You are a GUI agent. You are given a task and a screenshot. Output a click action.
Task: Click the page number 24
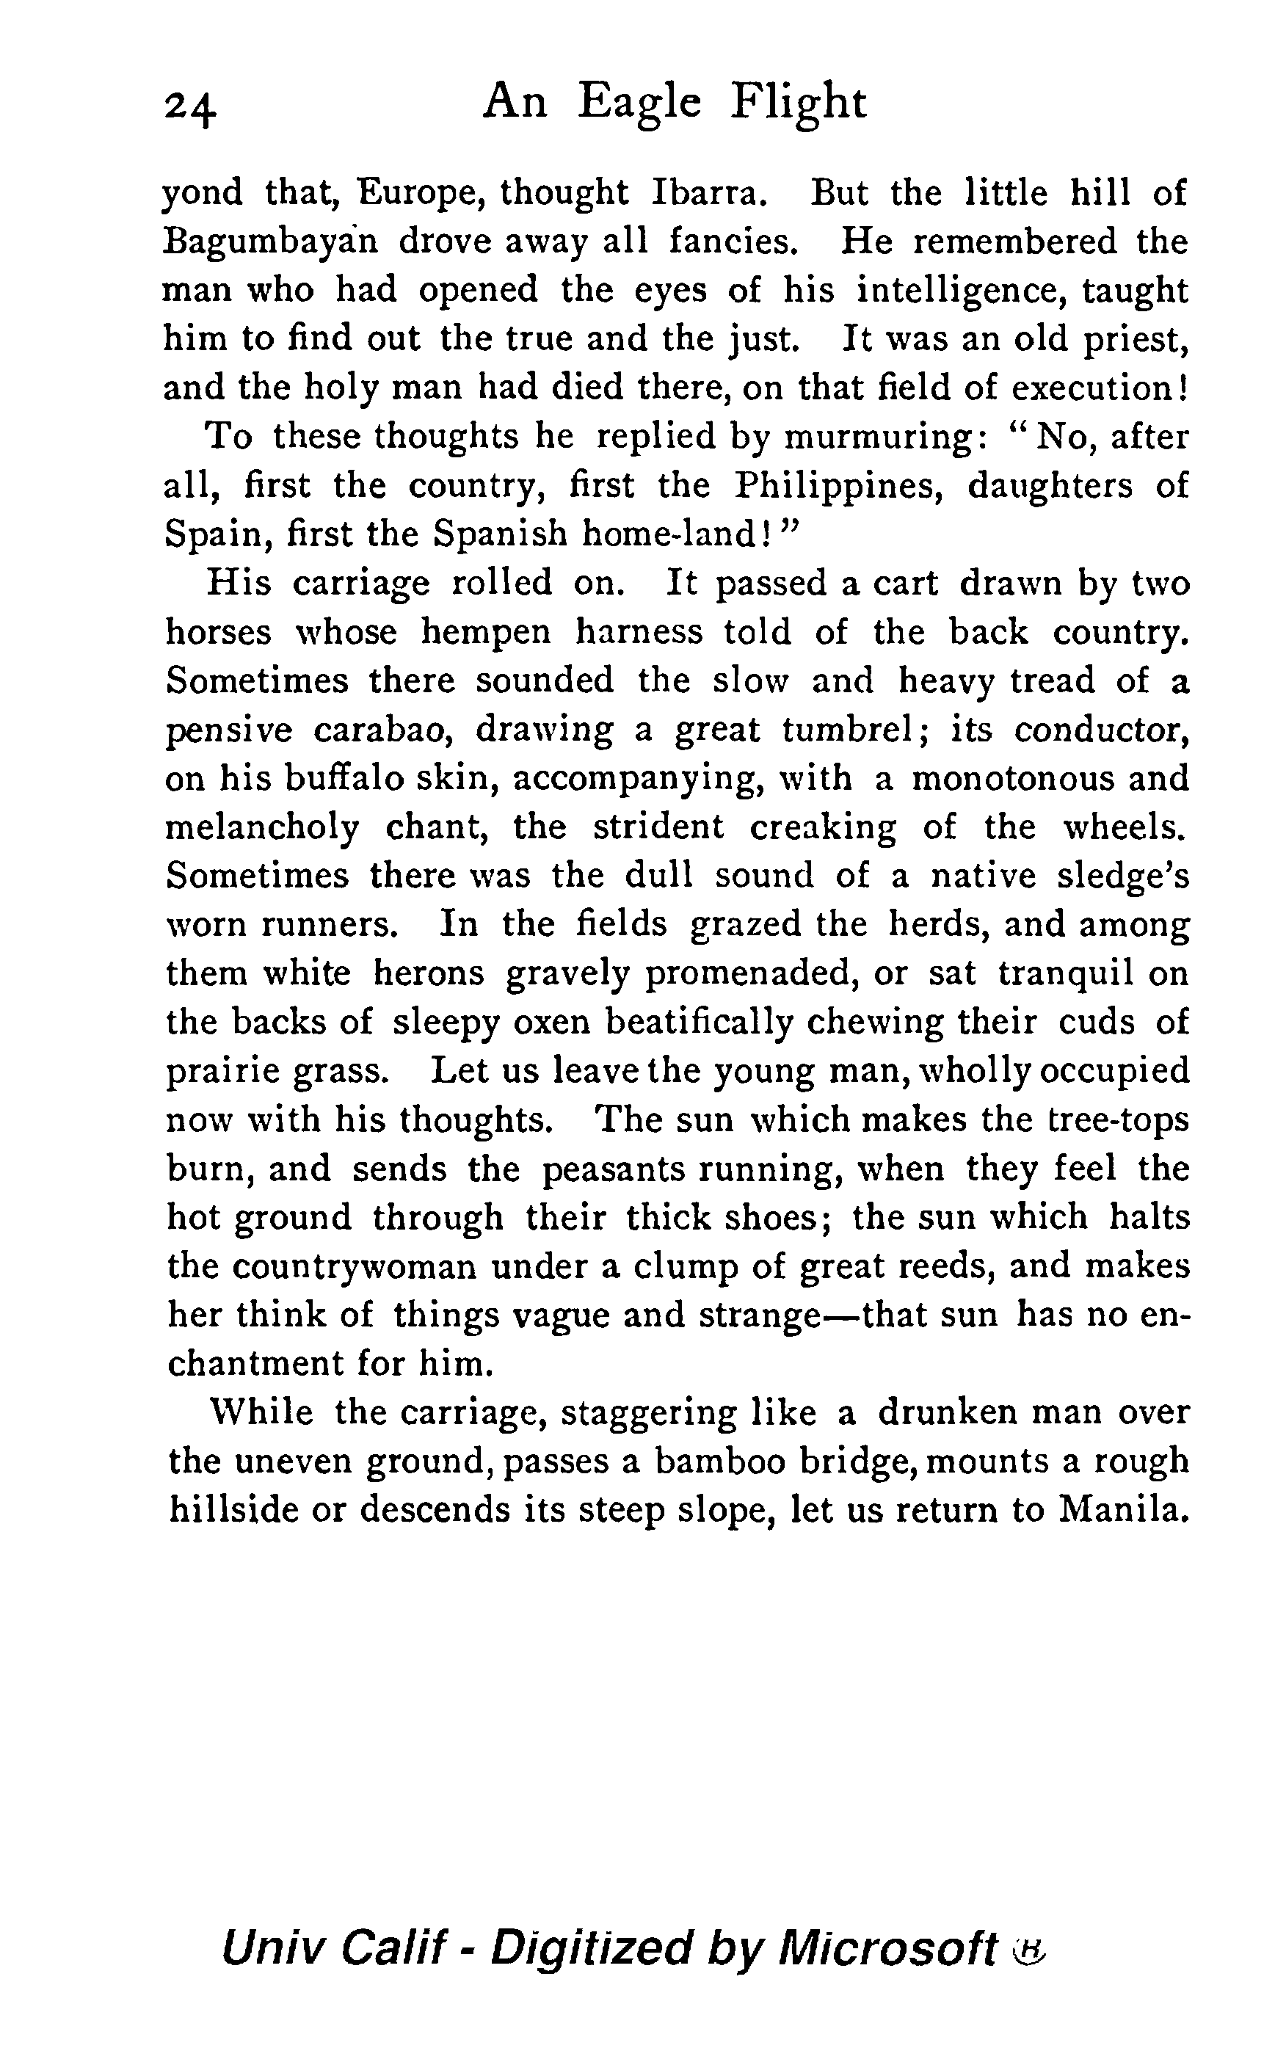[192, 108]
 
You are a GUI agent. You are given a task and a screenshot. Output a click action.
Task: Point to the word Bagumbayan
[271, 242]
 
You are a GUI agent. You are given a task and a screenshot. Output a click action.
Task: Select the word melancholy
[262, 827]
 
